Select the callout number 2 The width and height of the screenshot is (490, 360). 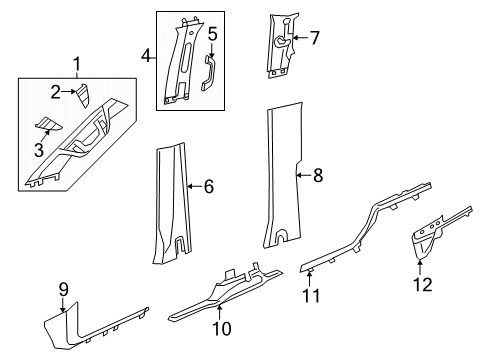coord(57,92)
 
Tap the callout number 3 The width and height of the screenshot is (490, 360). coord(40,151)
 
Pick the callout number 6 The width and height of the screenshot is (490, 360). coord(209,186)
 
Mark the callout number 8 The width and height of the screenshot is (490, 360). coord(318,176)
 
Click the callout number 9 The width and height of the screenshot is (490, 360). coord(63,290)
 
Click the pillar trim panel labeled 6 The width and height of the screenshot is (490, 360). coord(171,210)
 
